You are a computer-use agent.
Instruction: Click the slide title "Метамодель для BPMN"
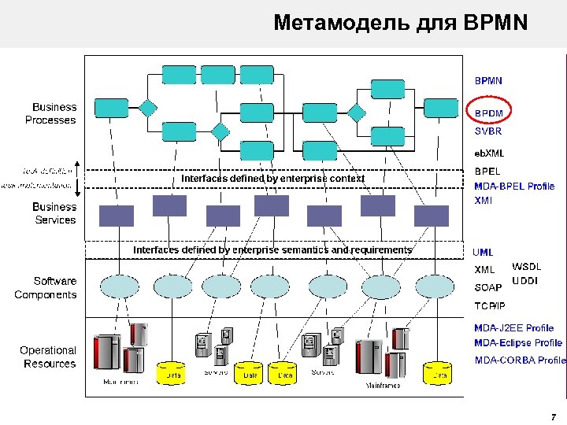coord(400,23)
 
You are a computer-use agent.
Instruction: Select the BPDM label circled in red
coord(488,113)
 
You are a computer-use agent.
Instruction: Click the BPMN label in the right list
coord(488,80)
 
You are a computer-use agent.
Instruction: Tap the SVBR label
coord(487,131)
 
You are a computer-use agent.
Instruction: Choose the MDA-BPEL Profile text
coord(514,187)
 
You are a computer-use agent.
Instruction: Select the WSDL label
coord(527,267)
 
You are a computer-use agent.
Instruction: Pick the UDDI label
coord(525,281)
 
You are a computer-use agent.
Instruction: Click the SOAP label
coord(487,287)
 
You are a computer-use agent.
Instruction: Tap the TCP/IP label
coord(490,305)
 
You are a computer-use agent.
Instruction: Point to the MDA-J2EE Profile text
coord(513,327)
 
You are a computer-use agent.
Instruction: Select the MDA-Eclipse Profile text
coord(518,343)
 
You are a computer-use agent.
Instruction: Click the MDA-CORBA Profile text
coord(520,360)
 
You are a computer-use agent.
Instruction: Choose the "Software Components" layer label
coord(46,288)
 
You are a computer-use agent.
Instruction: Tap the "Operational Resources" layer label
coord(49,357)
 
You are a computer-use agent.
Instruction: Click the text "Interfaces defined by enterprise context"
coord(273,179)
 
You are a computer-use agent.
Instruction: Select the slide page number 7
coord(554,416)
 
